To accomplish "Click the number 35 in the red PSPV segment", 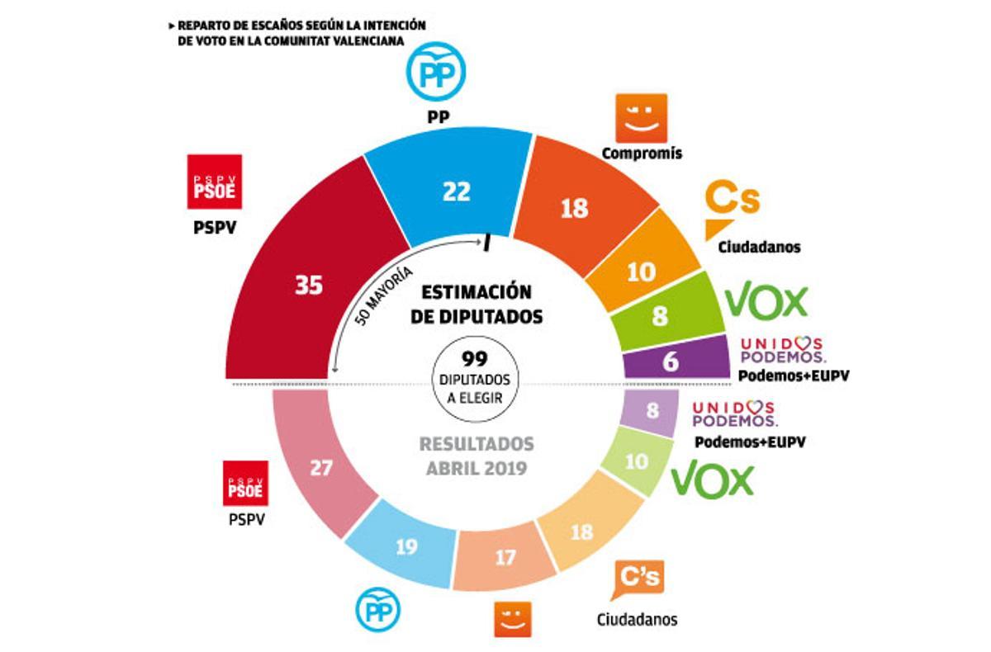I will [309, 286].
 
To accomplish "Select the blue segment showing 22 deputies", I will [456, 191].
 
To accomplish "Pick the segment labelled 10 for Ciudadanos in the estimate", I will [641, 272].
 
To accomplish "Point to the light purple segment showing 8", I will [652, 409].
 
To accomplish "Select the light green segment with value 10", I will [636, 462].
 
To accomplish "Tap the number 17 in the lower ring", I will [505, 560].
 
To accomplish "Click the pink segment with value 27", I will [321, 468].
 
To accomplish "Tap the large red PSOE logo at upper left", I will [214, 182].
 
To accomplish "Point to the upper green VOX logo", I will [766, 302].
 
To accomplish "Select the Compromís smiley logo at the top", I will [642, 119].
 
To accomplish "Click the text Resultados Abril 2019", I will [477, 455].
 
